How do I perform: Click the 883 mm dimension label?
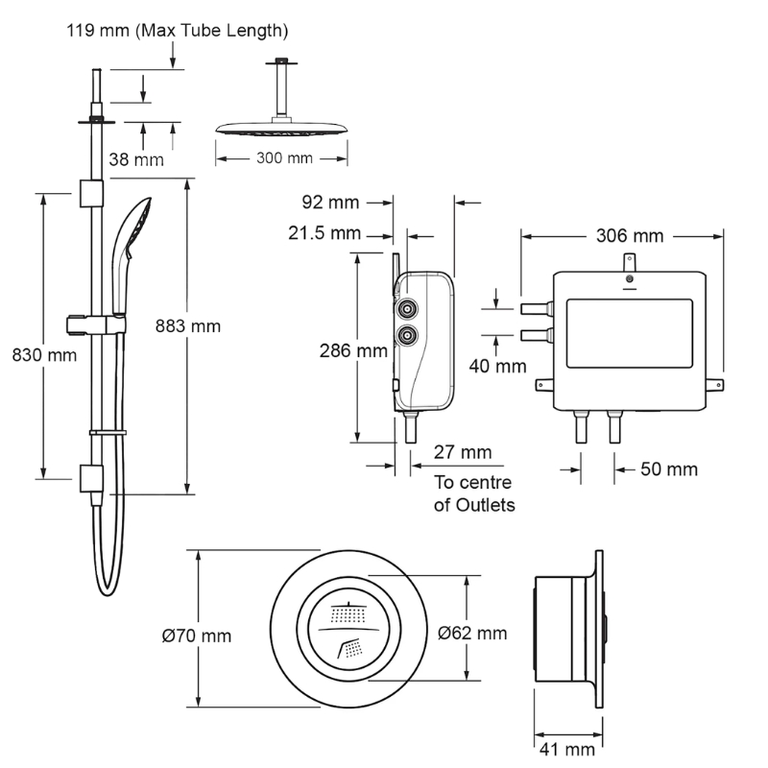pos(187,326)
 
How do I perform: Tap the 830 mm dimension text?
pos(44,355)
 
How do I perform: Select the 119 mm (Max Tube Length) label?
pos(178,31)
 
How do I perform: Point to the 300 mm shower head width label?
pos(284,158)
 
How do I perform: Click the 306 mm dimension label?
pos(630,236)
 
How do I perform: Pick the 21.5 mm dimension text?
pos(324,233)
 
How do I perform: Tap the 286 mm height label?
pos(353,350)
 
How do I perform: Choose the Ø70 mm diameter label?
pos(197,636)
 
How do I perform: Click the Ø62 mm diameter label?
pos(472,634)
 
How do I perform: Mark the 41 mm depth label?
pos(567,750)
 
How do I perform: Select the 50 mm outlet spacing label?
pos(669,469)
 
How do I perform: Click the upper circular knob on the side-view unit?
pos(407,309)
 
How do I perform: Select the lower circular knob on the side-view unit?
pos(407,335)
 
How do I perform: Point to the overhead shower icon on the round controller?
pos(348,613)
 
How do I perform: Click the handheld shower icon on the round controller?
pos(349,647)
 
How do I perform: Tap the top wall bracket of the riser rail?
pos(91,194)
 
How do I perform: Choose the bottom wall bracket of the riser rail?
pos(91,478)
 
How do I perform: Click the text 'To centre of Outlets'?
pos(474,493)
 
